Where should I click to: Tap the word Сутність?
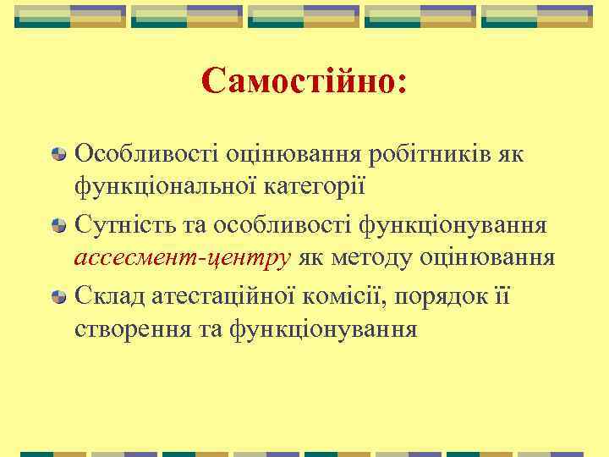coord(125,225)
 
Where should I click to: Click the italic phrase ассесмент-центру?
coord(181,257)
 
